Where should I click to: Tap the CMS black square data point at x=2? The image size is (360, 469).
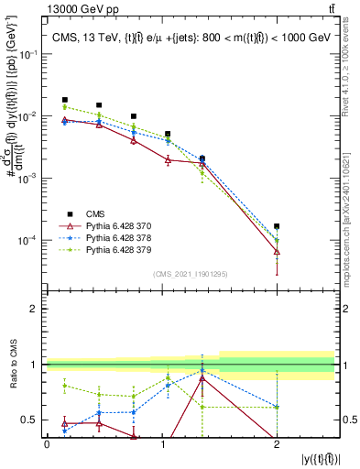[x=277, y=225]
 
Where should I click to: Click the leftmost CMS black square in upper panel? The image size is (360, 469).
[x=64, y=100]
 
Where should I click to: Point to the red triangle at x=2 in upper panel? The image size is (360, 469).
[x=277, y=251]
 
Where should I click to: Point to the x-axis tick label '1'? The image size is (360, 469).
[x=162, y=442]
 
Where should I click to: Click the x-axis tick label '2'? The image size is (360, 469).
[x=277, y=442]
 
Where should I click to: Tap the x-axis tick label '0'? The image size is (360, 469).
[x=47, y=442]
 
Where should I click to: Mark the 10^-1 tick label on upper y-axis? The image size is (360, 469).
[x=30, y=55]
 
